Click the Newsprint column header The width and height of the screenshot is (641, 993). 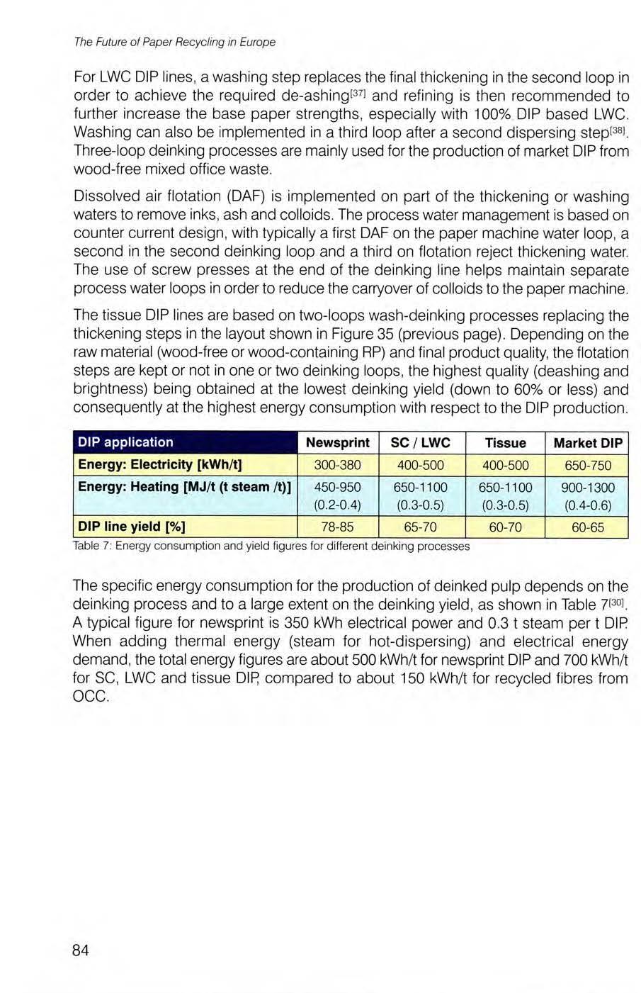coord(337,443)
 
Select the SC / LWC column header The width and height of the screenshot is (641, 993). coord(420,443)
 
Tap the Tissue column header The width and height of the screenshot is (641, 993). coord(505,443)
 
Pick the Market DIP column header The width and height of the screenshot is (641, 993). coord(588,443)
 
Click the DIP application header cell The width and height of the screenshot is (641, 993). coord(125,442)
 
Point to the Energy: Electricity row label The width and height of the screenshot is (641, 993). coord(160,465)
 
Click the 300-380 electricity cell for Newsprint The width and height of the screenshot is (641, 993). coord(337,465)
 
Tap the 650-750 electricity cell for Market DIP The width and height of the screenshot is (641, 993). coord(588,466)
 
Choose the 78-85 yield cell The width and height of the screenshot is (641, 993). coord(337,527)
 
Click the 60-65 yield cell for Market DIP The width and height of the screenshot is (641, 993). coord(588,527)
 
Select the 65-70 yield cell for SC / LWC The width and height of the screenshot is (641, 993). coord(420,527)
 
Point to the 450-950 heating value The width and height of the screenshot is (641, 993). coord(337,488)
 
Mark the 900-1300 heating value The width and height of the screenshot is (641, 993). coord(588,488)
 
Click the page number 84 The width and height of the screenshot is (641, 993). coord(80,950)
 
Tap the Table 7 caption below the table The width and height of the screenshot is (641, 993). coord(271,546)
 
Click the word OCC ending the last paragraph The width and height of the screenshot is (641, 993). coord(91,697)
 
